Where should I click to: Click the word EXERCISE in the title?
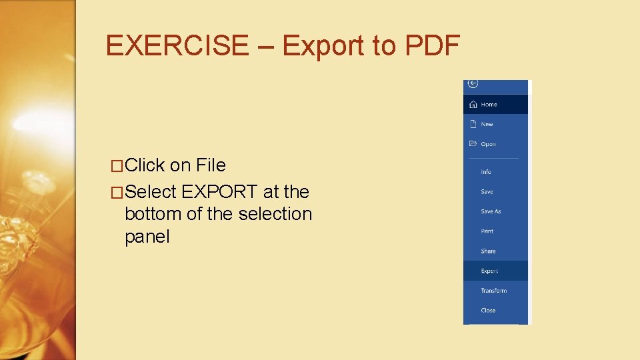pos(177,46)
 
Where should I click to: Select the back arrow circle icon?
pos(473,83)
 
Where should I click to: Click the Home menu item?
pos(489,105)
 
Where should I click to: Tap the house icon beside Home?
pos(473,104)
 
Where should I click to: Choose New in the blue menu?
pos(487,125)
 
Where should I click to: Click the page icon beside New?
pos(473,124)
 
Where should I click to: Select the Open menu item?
pos(488,144)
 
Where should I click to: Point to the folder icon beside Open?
pos(473,143)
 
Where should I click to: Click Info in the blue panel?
pos(486,172)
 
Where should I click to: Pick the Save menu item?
pos(487,192)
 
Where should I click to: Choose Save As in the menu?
pos(491,211)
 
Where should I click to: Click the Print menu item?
pos(487,231)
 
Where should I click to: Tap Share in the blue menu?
pos(488,251)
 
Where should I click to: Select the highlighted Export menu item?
pos(489,271)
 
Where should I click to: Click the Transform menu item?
pos(493,291)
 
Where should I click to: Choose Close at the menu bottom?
pos(488,311)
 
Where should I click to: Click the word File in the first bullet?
pos(211,165)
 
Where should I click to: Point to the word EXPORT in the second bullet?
pos(221,192)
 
